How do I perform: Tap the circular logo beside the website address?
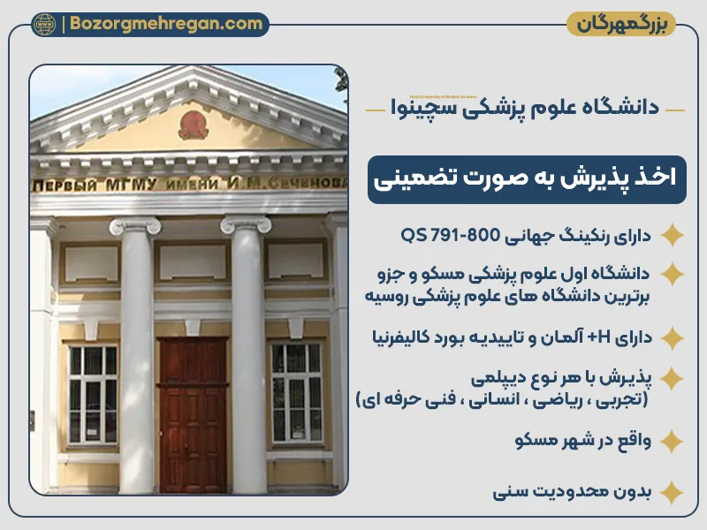(43, 24)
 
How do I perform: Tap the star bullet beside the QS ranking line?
(673, 236)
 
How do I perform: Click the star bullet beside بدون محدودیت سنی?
(673, 492)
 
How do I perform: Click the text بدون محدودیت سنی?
(572, 492)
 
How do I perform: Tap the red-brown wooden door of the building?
(194, 412)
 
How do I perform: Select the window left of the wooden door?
(93, 394)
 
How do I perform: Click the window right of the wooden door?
(296, 394)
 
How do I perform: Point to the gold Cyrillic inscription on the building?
(187, 185)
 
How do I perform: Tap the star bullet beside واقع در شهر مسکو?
(673, 441)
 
